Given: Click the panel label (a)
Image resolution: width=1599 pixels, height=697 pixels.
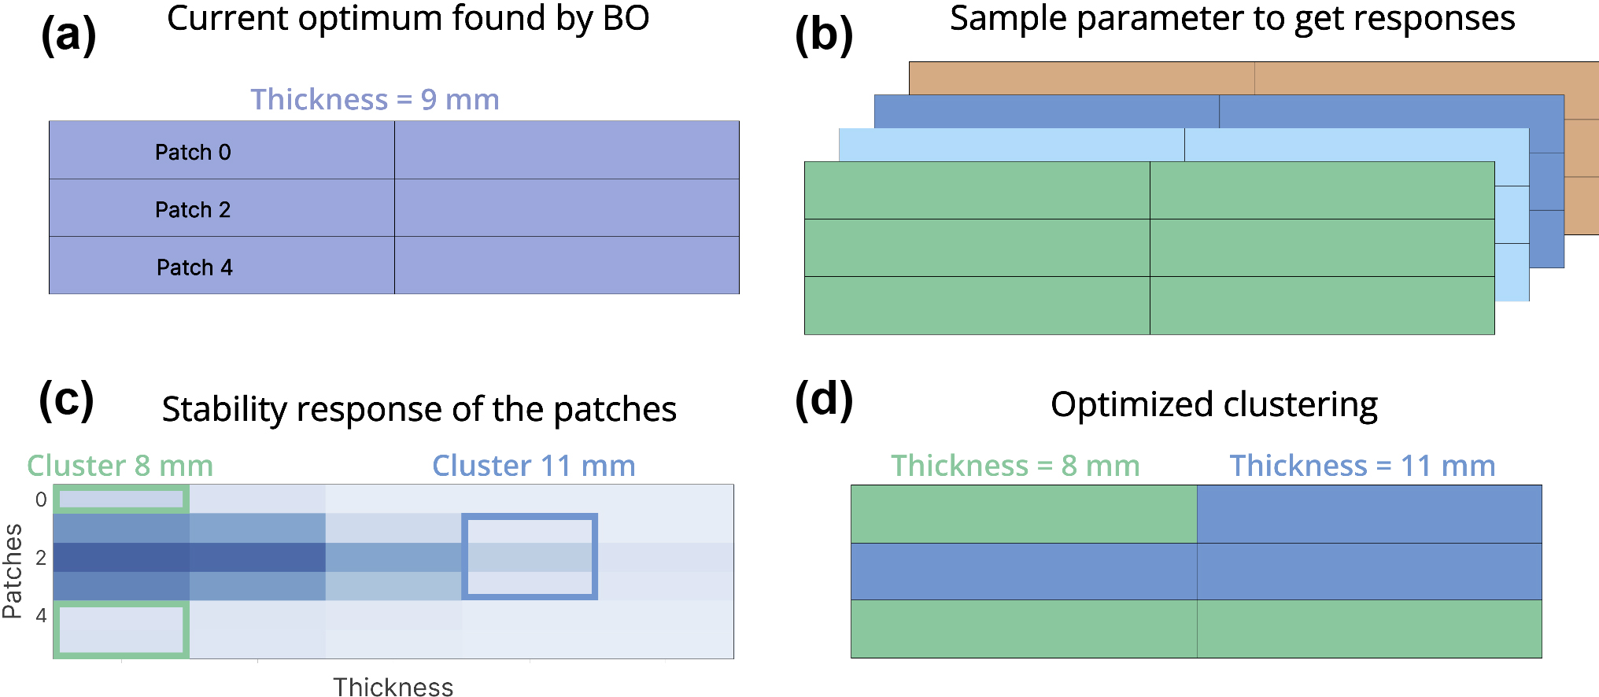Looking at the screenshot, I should point(68,35).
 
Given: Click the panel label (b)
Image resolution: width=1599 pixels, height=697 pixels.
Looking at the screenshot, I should point(823,35).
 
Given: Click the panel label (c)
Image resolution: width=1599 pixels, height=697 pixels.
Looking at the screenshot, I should point(66,400).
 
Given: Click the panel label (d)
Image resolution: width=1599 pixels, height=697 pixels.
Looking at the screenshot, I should point(823,400).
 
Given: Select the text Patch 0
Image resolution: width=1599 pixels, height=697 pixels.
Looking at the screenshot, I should point(193,152).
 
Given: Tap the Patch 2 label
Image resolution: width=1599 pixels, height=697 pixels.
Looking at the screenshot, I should point(193,210).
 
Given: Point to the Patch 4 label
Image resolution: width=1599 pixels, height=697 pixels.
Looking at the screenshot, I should point(194,267).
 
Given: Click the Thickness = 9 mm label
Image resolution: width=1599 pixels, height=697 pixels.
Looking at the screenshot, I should point(375,100).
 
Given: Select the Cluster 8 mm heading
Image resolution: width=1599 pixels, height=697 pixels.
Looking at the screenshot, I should point(120,466).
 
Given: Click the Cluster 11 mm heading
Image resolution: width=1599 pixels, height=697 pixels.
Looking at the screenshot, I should point(534,466).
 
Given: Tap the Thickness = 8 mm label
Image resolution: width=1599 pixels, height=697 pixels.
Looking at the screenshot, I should point(1015,466).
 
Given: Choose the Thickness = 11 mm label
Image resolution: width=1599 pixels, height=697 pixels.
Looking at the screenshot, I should point(1362,466).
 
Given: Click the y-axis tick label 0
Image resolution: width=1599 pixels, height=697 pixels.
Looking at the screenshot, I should point(41,500).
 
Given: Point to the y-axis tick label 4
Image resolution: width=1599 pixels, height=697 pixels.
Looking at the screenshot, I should point(41,615).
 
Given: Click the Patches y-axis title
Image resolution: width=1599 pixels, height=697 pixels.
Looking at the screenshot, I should point(13,571).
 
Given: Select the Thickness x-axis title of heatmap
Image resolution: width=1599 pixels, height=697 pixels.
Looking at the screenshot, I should point(393,687).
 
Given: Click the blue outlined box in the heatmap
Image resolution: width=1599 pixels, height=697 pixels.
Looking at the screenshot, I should point(530,556).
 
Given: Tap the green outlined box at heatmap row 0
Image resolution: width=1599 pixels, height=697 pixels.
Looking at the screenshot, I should point(121,499).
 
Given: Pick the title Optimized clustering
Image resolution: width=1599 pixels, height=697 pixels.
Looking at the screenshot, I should point(1213,404).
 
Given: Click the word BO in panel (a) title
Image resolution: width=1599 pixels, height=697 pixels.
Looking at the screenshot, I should point(626,19).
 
